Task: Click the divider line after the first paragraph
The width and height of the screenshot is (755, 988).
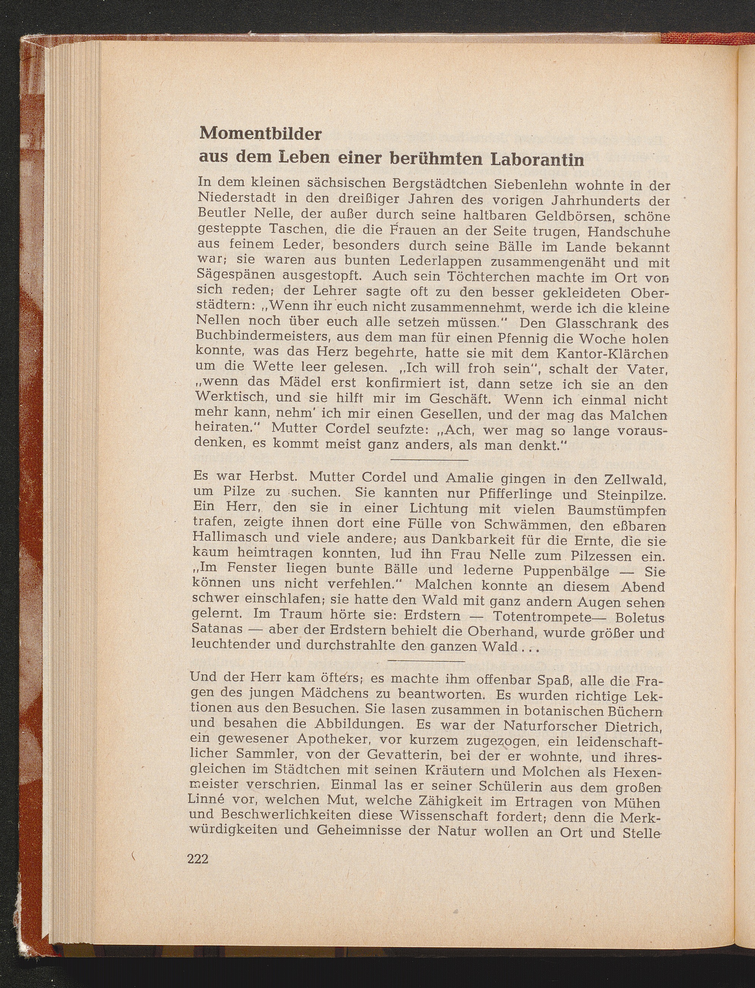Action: tap(430, 460)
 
